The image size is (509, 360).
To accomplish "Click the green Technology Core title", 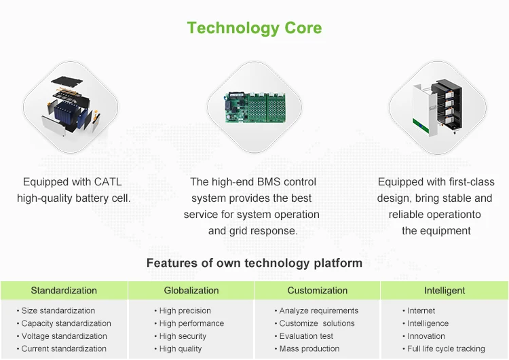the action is [x=254, y=29].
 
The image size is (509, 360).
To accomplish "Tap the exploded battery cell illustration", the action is [x=71, y=106].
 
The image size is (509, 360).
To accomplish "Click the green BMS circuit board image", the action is [x=256, y=107].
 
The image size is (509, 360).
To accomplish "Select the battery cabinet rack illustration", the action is [x=437, y=108].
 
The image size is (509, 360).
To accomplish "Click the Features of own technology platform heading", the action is [x=254, y=263].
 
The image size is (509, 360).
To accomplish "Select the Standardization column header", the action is [x=64, y=291].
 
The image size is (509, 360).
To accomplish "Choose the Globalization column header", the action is [x=191, y=291].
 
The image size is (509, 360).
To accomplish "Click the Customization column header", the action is [x=318, y=291].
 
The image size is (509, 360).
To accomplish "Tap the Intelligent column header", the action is [x=445, y=291].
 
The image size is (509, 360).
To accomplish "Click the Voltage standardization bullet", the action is [x=62, y=336].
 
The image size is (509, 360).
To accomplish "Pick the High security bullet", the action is [x=180, y=336].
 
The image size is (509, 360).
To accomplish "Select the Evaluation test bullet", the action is [x=303, y=336].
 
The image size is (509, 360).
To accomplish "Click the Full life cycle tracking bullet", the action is [x=443, y=349].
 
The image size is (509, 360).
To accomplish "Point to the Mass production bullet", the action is [x=307, y=348].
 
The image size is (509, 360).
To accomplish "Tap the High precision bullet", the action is [x=183, y=311].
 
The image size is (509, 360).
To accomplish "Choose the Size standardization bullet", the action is [x=56, y=310].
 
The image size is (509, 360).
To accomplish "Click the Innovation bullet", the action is [x=423, y=336].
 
